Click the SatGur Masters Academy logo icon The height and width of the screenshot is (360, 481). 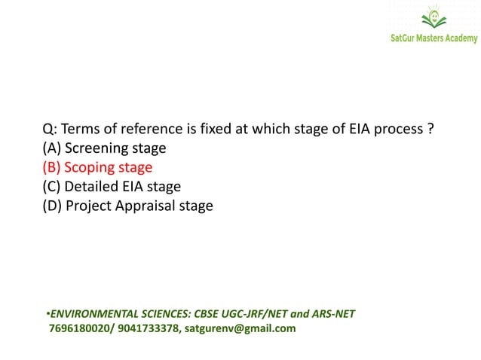(x=434, y=18)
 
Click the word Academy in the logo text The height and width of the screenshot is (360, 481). (x=459, y=38)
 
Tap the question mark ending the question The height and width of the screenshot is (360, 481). (x=430, y=130)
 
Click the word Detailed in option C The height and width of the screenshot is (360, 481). (x=91, y=186)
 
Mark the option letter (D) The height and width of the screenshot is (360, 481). (x=52, y=205)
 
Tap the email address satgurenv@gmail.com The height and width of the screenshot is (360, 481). (x=240, y=328)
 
